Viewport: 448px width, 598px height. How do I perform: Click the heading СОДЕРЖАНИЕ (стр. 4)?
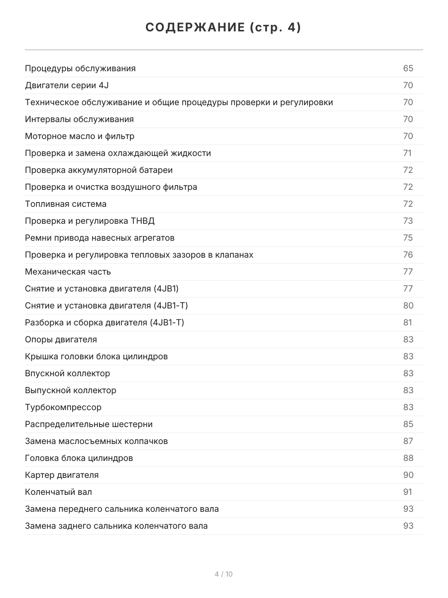224,28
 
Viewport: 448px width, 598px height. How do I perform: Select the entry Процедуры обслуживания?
80,68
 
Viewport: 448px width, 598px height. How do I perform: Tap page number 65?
408,68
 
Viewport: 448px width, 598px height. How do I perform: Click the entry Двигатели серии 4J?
67,85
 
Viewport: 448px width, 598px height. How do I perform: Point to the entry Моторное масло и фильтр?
80,136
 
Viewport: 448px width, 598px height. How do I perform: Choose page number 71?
408,153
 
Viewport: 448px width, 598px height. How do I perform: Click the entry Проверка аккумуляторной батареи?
99,170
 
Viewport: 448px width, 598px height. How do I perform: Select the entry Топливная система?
66,204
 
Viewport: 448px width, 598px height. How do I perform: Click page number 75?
408,238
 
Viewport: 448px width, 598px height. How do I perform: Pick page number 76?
408,255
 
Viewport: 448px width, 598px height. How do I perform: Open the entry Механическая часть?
68,272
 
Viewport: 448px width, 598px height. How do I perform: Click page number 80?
408,305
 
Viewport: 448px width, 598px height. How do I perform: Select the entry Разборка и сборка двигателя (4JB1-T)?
105,322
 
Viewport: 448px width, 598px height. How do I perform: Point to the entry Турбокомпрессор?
63,407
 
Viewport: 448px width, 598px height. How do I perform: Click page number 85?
408,424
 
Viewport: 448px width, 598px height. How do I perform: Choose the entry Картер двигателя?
62,475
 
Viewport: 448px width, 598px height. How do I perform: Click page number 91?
408,492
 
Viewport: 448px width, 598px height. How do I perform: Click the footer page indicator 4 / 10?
224,574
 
